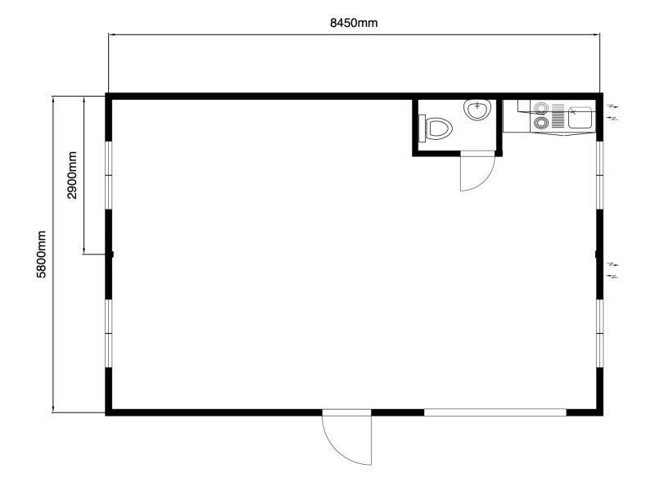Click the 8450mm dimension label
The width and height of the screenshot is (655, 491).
354,23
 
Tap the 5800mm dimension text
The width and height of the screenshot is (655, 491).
41,255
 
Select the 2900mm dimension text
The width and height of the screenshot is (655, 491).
72,175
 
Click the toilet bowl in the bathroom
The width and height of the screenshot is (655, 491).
439,128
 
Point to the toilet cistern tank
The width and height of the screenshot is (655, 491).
422,128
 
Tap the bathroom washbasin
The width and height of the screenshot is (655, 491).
477,110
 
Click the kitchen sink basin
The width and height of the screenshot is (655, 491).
580,117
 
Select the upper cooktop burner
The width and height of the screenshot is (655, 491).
541,108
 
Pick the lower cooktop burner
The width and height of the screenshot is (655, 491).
541,123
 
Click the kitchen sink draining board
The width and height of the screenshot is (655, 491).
558,116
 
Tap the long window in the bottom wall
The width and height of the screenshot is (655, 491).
495,412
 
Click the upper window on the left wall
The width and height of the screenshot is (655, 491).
109,175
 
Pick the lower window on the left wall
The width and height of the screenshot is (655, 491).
109,333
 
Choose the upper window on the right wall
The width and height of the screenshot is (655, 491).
600,175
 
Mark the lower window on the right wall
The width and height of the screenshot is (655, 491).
600,333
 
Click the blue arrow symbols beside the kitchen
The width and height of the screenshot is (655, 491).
612,113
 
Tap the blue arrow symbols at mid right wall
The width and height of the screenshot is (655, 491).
612,271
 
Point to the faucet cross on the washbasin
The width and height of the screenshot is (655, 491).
477,106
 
